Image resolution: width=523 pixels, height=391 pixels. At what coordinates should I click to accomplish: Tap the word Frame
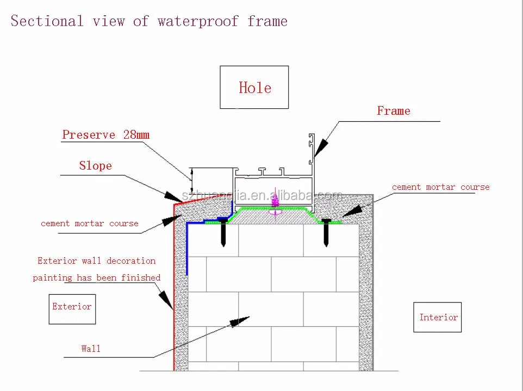(394, 111)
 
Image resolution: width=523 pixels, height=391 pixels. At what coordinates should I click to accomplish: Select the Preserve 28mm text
(105, 134)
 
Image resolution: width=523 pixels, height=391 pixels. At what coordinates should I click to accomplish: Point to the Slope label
(95, 165)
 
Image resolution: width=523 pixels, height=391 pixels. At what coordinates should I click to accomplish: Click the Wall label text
(91, 349)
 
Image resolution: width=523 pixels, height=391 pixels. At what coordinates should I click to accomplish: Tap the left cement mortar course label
(89, 223)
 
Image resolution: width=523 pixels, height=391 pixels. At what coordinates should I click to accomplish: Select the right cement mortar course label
(440, 187)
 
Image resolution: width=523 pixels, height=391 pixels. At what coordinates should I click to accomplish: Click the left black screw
(223, 233)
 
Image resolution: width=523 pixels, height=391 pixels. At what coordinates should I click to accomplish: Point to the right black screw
(326, 233)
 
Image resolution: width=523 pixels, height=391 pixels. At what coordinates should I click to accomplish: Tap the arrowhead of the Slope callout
(173, 196)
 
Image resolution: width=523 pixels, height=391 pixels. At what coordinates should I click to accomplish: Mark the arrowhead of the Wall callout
(240, 321)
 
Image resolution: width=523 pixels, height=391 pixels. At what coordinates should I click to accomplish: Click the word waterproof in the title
(198, 21)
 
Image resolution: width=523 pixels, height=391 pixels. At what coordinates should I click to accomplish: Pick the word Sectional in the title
(47, 21)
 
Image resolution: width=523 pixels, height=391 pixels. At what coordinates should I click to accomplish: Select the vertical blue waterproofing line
(187, 249)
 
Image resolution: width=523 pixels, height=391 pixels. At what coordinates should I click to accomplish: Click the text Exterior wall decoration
(96, 260)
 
